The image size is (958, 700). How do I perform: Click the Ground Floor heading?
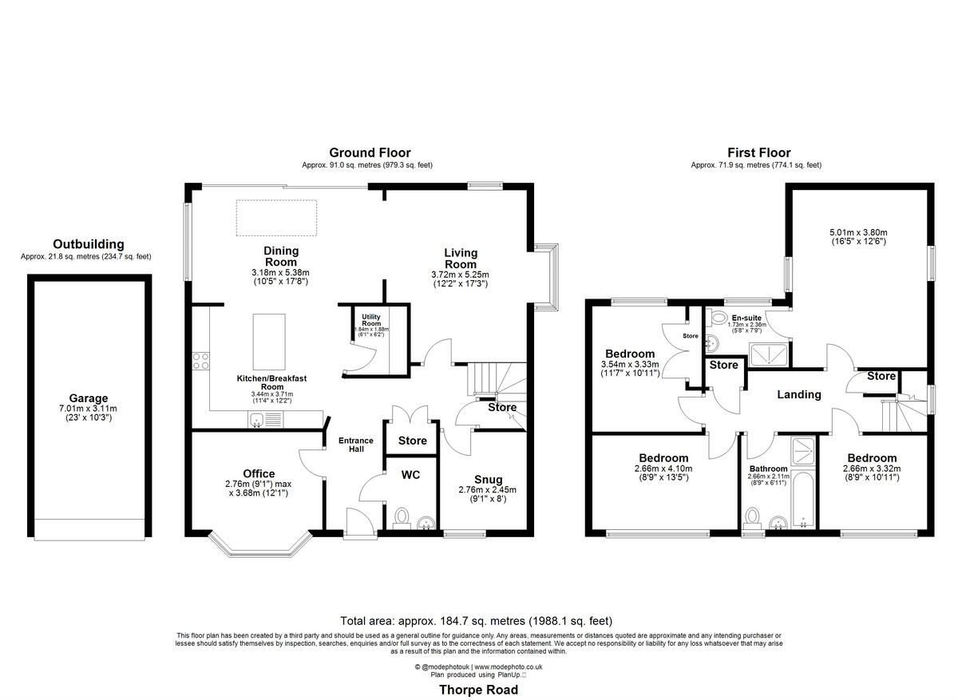pos(370,152)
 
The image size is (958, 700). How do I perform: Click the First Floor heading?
pos(758,152)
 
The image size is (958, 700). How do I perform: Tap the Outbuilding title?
pos(88,244)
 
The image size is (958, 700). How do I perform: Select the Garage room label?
pos(88,398)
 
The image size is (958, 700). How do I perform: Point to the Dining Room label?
pos(280,256)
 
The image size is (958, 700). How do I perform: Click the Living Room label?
pos(461,259)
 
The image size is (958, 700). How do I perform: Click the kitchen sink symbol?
pos(258,420)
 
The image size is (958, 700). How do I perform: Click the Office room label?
pos(259,473)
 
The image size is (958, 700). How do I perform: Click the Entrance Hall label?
pos(355,445)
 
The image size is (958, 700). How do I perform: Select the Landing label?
pos(799,394)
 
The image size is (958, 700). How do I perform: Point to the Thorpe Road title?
pos(478,690)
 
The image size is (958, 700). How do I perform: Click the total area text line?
pos(477,620)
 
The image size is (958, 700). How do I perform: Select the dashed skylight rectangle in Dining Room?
pos(276,218)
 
